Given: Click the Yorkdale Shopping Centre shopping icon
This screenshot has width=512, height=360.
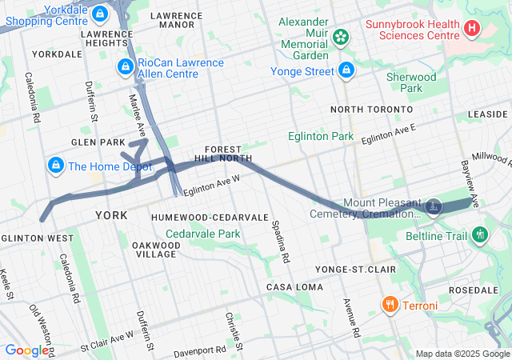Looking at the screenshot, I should tap(100, 14).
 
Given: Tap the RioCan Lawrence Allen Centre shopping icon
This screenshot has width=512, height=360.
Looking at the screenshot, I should tap(125, 67).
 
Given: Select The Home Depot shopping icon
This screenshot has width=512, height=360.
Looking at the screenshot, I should tap(54, 166).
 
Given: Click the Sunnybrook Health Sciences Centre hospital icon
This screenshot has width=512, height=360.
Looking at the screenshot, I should tap(472, 29).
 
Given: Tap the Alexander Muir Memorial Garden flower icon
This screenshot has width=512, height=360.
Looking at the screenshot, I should tap(341, 36).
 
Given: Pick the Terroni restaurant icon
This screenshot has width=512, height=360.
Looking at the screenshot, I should tap(390, 305).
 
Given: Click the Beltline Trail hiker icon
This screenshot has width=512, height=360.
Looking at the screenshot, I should tap(480, 234).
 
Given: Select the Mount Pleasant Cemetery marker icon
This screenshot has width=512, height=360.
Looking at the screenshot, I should tap(434, 206).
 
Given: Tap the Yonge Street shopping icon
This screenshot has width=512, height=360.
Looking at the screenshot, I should tap(346, 70).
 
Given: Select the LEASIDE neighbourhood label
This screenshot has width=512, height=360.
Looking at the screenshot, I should tap(488, 114).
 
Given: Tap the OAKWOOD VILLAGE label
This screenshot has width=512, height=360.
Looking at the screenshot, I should tap(155, 249).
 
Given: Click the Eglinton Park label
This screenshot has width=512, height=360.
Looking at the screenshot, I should tap(321, 137).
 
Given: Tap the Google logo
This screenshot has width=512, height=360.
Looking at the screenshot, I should tap(26, 350).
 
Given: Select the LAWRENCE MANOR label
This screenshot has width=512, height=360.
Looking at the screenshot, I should tap(176, 20).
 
